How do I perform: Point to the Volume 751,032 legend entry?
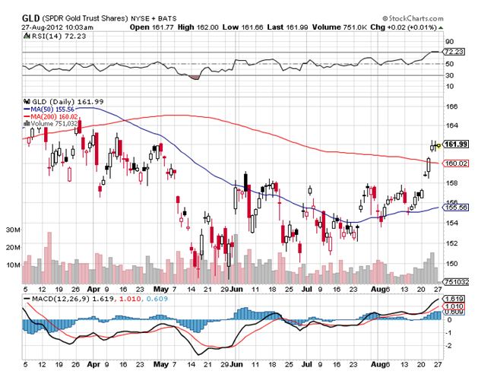52,123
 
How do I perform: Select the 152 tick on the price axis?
450,243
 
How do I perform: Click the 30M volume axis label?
12,229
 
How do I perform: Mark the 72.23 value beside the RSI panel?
454,51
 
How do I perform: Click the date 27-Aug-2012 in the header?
41,25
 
